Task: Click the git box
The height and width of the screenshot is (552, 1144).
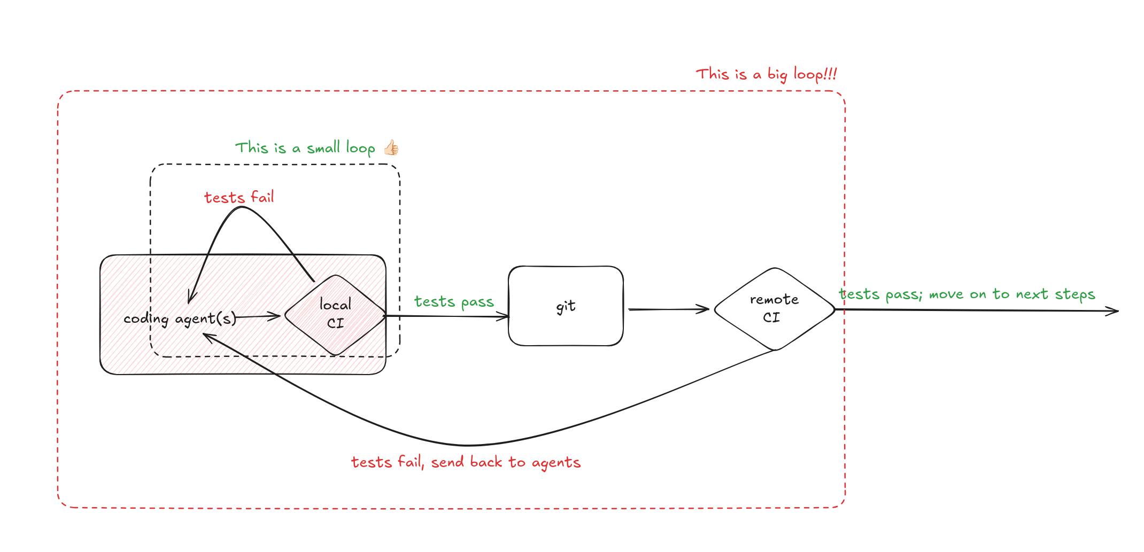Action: (x=566, y=306)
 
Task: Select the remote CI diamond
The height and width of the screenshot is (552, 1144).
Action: (x=774, y=309)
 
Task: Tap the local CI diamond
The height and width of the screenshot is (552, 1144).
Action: (x=335, y=314)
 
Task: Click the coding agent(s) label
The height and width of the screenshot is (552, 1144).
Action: (x=180, y=318)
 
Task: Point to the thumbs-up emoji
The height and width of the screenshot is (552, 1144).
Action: (x=391, y=147)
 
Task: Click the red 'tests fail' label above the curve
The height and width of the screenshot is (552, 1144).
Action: (x=239, y=197)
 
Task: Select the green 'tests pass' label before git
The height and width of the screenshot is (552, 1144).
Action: (x=454, y=302)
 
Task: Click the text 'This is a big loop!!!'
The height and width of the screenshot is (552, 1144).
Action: (x=766, y=74)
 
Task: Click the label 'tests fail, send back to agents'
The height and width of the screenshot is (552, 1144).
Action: (x=466, y=462)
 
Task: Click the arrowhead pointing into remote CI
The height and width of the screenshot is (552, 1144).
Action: (x=705, y=309)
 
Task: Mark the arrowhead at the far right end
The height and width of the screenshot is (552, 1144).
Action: (x=1114, y=311)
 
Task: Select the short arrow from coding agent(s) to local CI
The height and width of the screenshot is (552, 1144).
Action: (x=258, y=317)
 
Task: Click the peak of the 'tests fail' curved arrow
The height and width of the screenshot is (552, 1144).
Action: (x=242, y=207)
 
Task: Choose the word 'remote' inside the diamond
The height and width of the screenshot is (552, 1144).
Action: (x=774, y=300)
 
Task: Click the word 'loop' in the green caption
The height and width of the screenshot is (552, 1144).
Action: (x=361, y=148)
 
